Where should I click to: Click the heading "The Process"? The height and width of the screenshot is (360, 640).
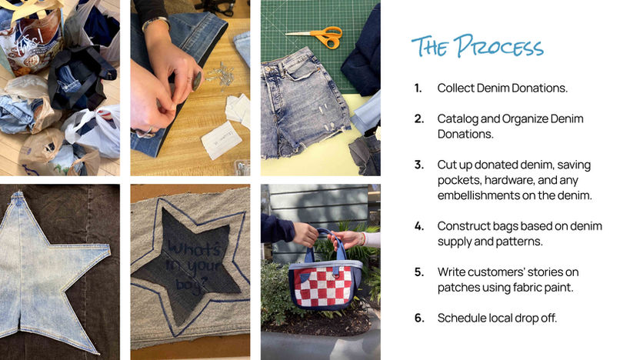[478, 45]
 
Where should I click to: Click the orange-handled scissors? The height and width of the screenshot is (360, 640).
[316, 37]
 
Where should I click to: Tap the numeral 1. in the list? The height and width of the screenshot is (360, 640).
[418, 88]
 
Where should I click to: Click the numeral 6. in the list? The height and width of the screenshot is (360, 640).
[419, 318]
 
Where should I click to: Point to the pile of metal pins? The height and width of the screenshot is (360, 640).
[221, 75]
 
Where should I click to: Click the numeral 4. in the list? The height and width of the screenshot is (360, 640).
[419, 226]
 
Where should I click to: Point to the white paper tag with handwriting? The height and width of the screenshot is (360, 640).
[221, 140]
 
